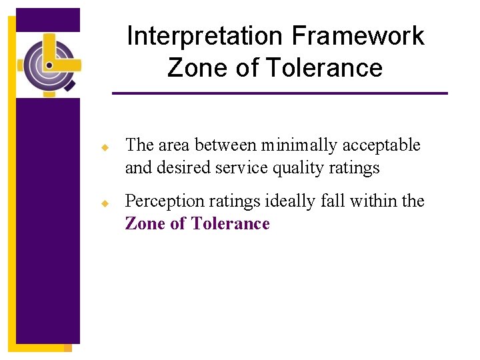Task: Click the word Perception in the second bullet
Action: [x=161, y=201]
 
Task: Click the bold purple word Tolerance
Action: [x=230, y=223]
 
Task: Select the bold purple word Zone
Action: [x=145, y=223]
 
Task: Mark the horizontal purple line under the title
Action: [x=279, y=93]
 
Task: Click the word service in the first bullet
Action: [x=239, y=167]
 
